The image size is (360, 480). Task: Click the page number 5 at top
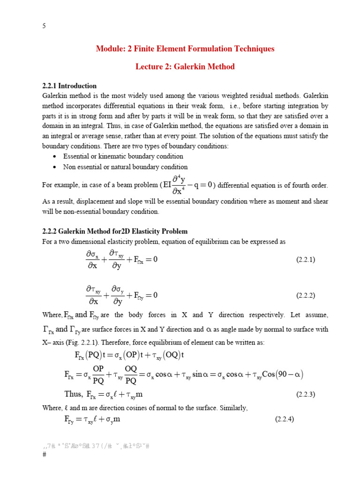tap(44, 26)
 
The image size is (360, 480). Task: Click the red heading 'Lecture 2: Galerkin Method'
tap(185, 67)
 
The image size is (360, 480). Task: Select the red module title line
tap(185, 49)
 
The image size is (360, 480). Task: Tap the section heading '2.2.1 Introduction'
tap(69, 86)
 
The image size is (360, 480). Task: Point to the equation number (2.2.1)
tap(306, 259)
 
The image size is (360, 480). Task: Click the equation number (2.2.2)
tap(306, 295)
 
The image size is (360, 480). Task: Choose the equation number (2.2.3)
tap(306, 394)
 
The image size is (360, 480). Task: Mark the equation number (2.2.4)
tap(284, 420)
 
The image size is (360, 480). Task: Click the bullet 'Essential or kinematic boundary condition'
tap(123, 156)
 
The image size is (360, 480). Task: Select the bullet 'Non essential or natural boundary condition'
tap(125, 167)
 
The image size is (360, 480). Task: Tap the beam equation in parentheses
tap(187, 185)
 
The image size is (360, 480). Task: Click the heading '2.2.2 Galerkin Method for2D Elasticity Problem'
tap(115, 231)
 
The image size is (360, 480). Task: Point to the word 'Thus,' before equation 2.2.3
tap(75, 394)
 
